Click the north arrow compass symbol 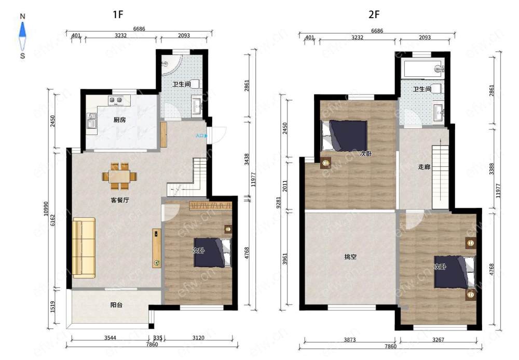coord(22,36)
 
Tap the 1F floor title coord(118,15)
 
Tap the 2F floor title coord(374,15)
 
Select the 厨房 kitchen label coord(119,120)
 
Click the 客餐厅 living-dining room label coord(120,200)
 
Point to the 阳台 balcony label coord(116,305)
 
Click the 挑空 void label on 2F coord(350,256)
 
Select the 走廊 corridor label coord(424,167)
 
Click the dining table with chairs coord(119,176)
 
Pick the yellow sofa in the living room coord(84,248)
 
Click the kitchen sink coord(92,121)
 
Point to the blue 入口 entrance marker coord(201,136)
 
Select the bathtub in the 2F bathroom coord(422,69)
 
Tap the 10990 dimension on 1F coord(46,209)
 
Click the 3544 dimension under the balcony coord(110,338)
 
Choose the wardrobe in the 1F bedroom coord(210,205)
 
